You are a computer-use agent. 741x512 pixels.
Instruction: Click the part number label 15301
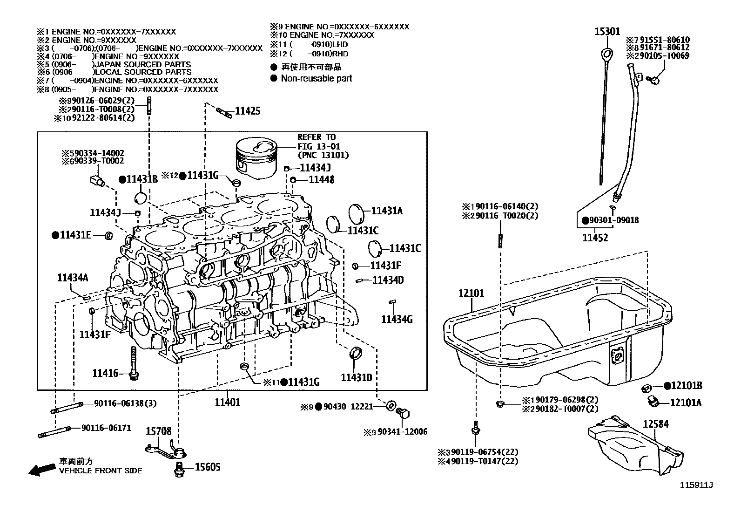pos(607,31)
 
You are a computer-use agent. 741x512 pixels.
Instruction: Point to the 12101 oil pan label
pos(471,293)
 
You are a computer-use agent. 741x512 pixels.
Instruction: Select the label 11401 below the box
pos(228,402)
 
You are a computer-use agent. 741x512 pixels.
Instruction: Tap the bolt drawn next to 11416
pos(134,363)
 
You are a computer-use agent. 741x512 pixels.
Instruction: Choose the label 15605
pos(207,467)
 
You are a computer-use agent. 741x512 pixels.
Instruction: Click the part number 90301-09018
pos(614,220)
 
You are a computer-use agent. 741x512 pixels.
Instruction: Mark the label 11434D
pos(388,280)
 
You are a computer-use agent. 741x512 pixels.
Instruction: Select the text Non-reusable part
pos(316,78)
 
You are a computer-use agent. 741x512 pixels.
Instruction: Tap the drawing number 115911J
pos(696,485)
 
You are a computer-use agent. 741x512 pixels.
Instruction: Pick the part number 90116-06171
pos(106,428)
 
